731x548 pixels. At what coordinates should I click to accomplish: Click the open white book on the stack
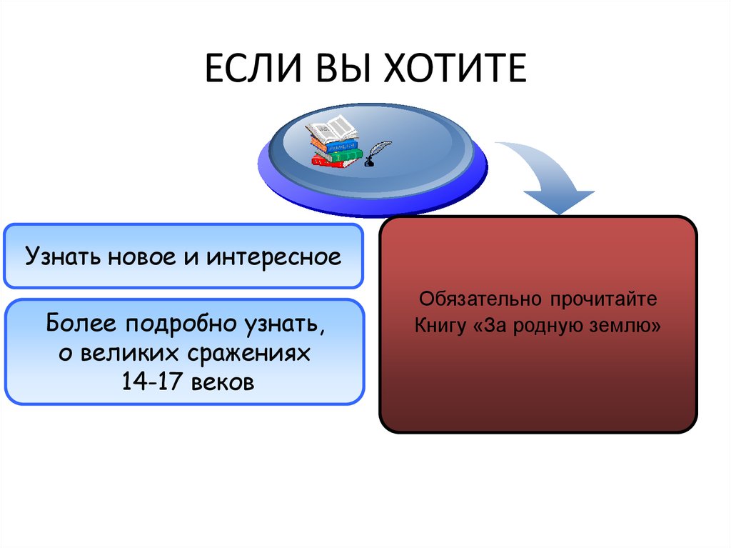tap(331, 129)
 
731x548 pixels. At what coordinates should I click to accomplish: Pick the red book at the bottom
tap(328, 162)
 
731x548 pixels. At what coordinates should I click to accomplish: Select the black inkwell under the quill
tap(369, 163)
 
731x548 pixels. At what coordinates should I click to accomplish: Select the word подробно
tap(181, 324)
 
